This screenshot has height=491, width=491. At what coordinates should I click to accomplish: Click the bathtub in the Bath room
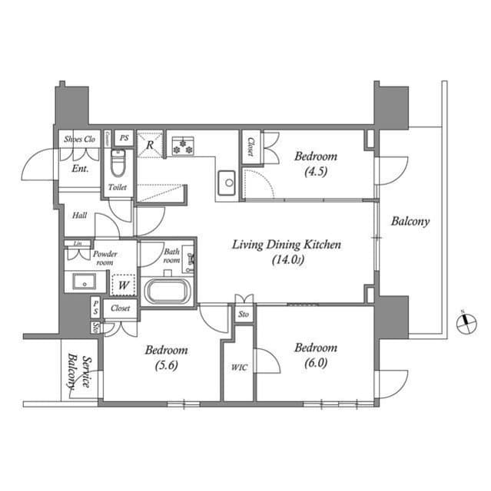[165, 292]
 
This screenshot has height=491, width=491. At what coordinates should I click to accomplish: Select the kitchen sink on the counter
[227, 182]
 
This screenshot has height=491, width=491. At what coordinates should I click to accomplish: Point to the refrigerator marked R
[150, 143]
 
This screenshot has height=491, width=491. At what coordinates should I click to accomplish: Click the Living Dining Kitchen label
[287, 252]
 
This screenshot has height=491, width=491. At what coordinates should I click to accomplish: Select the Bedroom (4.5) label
[316, 163]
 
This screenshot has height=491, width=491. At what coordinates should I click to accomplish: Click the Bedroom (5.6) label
[167, 357]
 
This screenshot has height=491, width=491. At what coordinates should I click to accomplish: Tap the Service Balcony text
[78, 373]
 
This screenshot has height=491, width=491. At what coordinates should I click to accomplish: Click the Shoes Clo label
[79, 140]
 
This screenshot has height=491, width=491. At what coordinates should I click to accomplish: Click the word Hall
[79, 216]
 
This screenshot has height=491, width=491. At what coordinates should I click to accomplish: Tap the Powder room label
[104, 257]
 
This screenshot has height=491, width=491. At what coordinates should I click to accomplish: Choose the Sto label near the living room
[244, 314]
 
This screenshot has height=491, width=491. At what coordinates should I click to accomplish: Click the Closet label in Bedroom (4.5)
[250, 146]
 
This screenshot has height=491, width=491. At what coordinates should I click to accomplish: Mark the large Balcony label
[410, 222]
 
